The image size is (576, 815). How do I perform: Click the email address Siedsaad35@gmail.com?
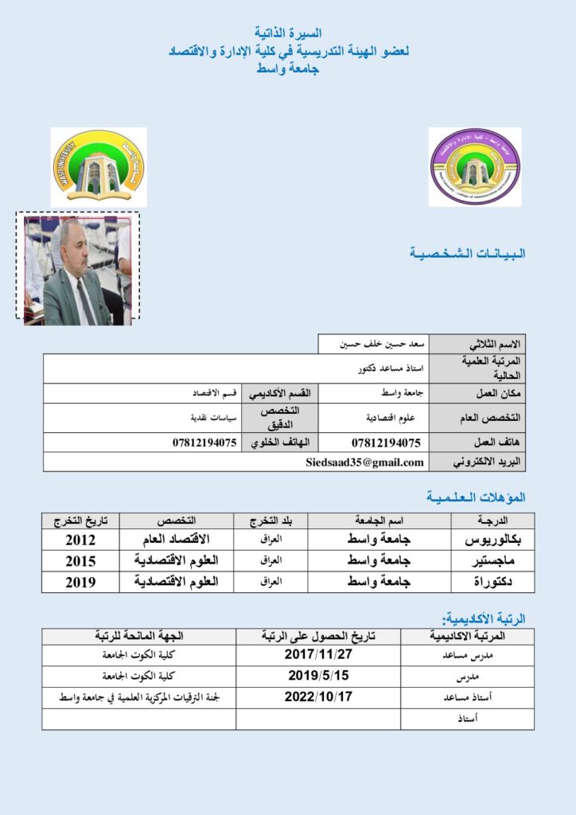click(x=364, y=462)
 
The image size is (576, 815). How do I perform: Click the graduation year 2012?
click(x=80, y=540)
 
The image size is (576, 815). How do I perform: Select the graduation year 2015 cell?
click(x=80, y=561)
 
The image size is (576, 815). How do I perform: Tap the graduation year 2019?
click(x=80, y=582)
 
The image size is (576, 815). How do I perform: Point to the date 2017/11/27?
click(x=318, y=656)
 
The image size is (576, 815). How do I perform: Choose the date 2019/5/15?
click(x=318, y=677)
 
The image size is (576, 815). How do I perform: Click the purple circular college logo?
click(x=475, y=167)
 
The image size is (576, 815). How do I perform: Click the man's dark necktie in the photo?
click(x=82, y=300)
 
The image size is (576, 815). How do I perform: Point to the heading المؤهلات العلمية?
click(x=476, y=497)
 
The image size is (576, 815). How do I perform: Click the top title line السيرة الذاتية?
click(x=287, y=33)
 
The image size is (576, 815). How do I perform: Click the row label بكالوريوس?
click(x=490, y=540)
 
